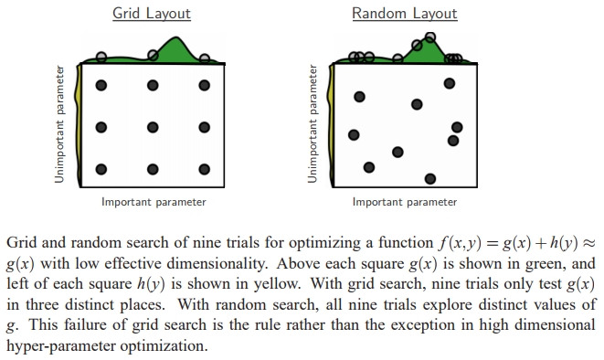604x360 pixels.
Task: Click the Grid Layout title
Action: [x=152, y=14]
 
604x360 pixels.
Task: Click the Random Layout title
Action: [x=405, y=14]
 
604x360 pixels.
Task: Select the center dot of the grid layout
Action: [x=153, y=127]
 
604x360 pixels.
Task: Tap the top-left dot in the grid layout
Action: [x=101, y=86]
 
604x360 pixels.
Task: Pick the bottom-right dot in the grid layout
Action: [x=204, y=169]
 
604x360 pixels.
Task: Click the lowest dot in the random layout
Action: [x=430, y=178]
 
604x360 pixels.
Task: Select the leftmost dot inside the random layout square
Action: [x=355, y=136]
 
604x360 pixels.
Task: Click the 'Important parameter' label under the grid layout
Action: [x=153, y=202]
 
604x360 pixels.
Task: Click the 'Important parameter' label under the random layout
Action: [x=405, y=202]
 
